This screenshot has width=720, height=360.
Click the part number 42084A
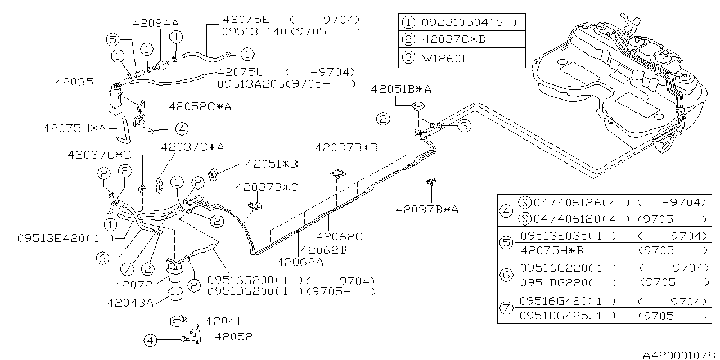point(156,23)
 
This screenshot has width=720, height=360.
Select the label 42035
point(74,82)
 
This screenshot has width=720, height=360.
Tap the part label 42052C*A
point(192,105)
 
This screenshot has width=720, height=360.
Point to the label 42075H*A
point(74,128)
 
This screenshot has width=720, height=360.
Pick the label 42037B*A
point(427,209)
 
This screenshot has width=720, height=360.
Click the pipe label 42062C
point(339,237)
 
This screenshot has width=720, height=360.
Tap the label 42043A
point(130,303)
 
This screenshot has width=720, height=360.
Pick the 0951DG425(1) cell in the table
point(568,316)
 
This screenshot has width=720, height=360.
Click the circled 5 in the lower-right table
point(506,243)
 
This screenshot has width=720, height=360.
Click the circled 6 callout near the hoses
point(102,258)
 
